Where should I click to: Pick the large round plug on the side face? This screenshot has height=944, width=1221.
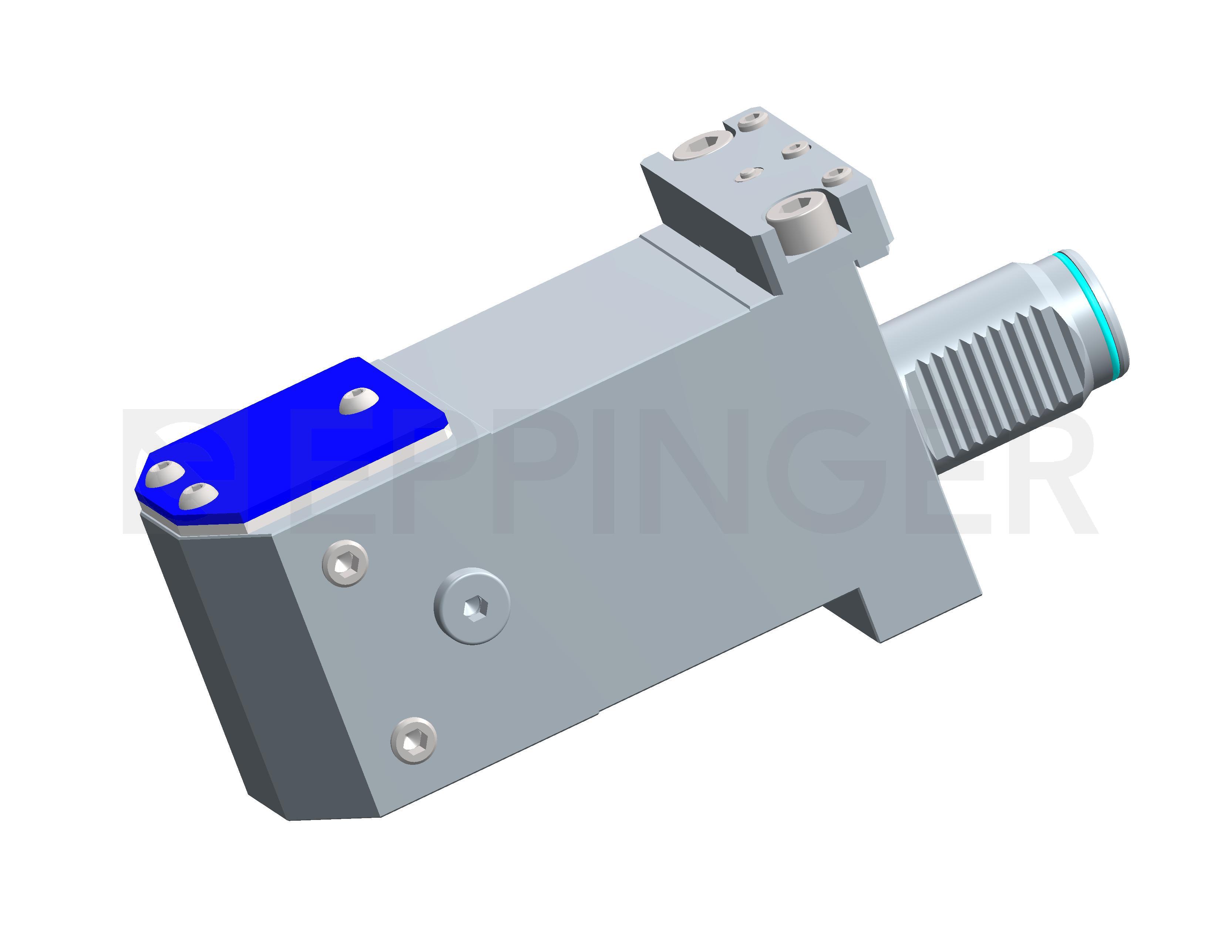pos(473,606)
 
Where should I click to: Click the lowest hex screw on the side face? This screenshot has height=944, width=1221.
pos(414,741)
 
